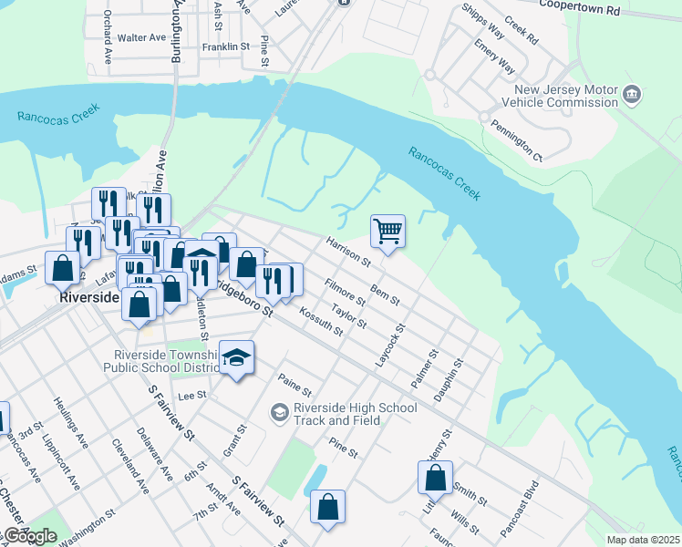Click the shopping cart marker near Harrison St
click(388, 231)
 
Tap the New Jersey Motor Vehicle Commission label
click(566, 97)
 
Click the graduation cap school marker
click(236, 359)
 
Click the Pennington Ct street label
click(516, 140)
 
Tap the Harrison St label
click(348, 253)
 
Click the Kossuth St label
click(324, 318)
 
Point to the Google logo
click(30, 536)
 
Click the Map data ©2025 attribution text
click(643, 540)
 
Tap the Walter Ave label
click(141, 38)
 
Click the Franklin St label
click(226, 46)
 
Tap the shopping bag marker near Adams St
click(62, 269)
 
